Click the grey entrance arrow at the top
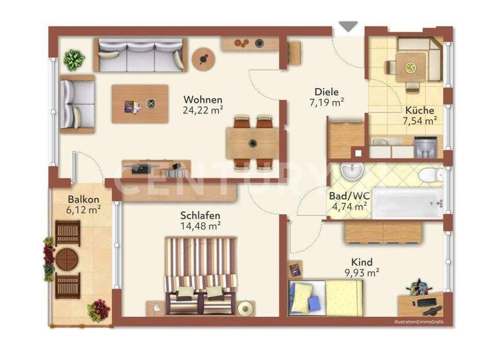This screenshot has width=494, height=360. [x=348, y=26]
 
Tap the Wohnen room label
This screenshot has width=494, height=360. [x=203, y=100]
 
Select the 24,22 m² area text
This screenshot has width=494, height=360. [x=203, y=110]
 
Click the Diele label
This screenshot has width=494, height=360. [x=326, y=92]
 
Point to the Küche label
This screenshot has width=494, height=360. [x=419, y=110]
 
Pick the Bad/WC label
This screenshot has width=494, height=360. [x=348, y=195]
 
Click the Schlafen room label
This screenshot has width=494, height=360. [x=201, y=215]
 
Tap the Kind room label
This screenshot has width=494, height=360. [x=361, y=262]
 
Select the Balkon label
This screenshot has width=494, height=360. [x=84, y=199]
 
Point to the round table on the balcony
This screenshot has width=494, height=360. [x=67, y=259]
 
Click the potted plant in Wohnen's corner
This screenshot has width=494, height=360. [x=75, y=59]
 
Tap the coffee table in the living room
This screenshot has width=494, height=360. [x=140, y=104]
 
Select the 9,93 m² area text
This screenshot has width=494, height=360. [x=361, y=273]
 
